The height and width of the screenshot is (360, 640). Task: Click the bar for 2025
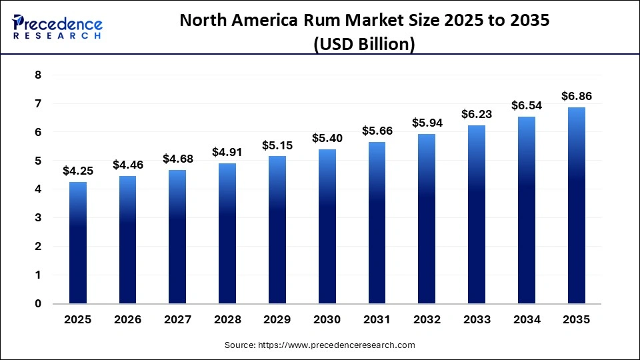pyautogui.click(x=78, y=243)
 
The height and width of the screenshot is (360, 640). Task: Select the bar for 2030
pyautogui.click(x=327, y=226)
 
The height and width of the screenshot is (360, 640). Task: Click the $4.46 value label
pyautogui.click(x=127, y=165)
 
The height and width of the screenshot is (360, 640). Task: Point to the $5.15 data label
pyautogui.click(x=277, y=145)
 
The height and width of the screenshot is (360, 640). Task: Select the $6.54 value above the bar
pyautogui.click(x=527, y=105)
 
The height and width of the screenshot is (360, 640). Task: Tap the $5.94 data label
pyautogui.click(x=427, y=123)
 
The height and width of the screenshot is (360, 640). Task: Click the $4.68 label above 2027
pyautogui.click(x=177, y=159)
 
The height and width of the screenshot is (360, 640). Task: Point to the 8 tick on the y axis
pyautogui.click(x=38, y=75)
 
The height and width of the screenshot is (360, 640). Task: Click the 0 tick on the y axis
pyautogui.click(x=38, y=303)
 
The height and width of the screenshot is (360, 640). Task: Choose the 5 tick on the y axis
pyautogui.click(x=38, y=161)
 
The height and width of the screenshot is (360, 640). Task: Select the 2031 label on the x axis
pyautogui.click(x=377, y=320)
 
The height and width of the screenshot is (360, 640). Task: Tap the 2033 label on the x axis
pyautogui.click(x=477, y=320)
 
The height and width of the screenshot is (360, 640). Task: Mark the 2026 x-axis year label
pyautogui.click(x=127, y=320)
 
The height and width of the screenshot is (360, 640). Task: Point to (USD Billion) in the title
pyautogui.click(x=364, y=44)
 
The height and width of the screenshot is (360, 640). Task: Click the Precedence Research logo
pyautogui.click(x=57, y=26)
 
